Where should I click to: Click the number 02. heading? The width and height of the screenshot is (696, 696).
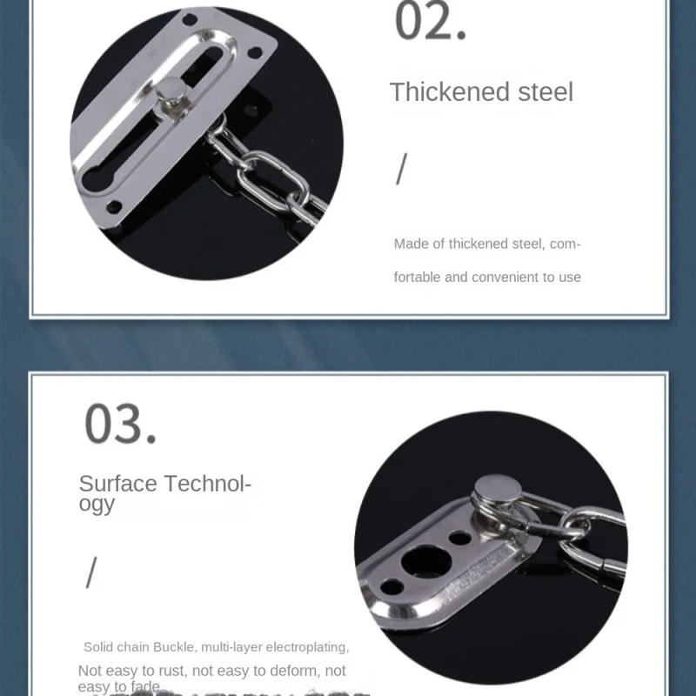pyautogui.click(x=430, y=22)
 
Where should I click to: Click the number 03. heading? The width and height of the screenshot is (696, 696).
pyautogui.click(x=120, y=425)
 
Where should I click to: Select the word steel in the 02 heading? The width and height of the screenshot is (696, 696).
pyautogui.click(x=544, y=92)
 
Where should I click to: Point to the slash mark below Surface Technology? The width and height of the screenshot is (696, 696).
pyautogui.click(x=90, y=573)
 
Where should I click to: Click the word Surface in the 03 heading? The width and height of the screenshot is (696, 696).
pyautogui.click(x=117, y=484)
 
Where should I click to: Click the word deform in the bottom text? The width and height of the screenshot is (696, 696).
pyautogui.click(x=291, y=671)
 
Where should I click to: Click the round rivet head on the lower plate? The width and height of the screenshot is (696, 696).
pyautogui.click(x=492, y=492)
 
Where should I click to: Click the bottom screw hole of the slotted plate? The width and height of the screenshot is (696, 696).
pyautogui.click(x=114, y=207)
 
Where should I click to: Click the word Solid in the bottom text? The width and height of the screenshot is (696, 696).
pyautogui.click(x=99, y=647)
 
